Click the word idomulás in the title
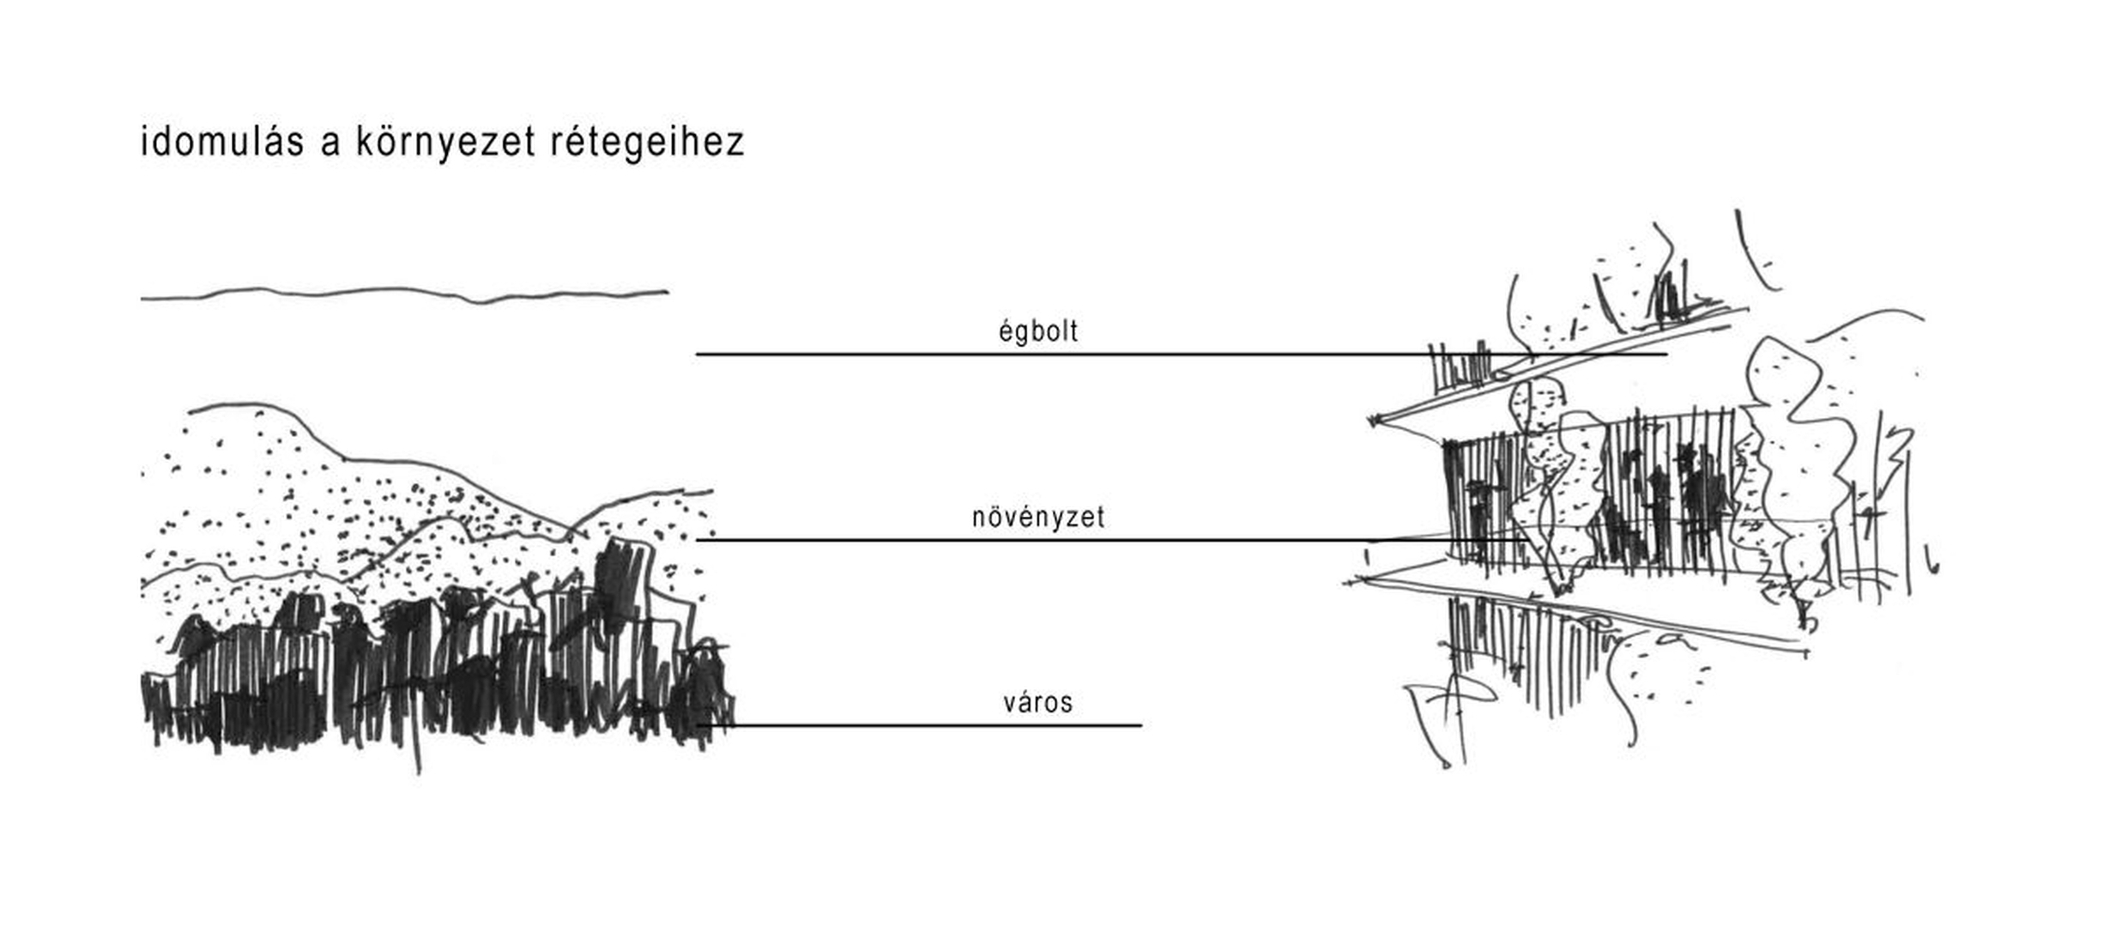(222, 142)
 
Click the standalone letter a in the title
(330, 146)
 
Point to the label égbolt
(1038, 331)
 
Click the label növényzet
(1038, 518)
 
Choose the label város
(1038, 703)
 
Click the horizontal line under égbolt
(1182, 354)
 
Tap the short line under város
(919, 725)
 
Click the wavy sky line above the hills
(403, 294)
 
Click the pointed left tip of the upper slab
(1373, 421)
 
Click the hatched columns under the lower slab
(1510, 652)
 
